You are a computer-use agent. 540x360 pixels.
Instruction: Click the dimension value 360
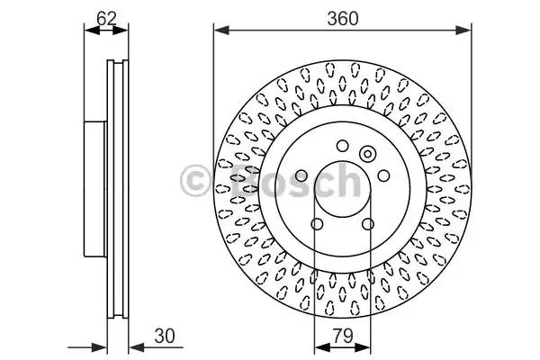[343, 18]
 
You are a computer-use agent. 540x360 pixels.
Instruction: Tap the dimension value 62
[106, 18]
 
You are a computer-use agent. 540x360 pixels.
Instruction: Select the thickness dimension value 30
[165, 336]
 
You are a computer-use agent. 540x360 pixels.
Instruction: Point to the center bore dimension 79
[343, 336]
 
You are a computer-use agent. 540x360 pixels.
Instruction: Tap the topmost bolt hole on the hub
[342, 146]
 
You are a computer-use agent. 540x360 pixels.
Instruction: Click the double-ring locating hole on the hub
[368, 154]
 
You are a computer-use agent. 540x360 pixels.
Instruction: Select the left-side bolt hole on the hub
[301, 175]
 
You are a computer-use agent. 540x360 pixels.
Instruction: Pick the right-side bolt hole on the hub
[383, 175]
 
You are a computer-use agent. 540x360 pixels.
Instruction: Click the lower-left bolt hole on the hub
[317, 224]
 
